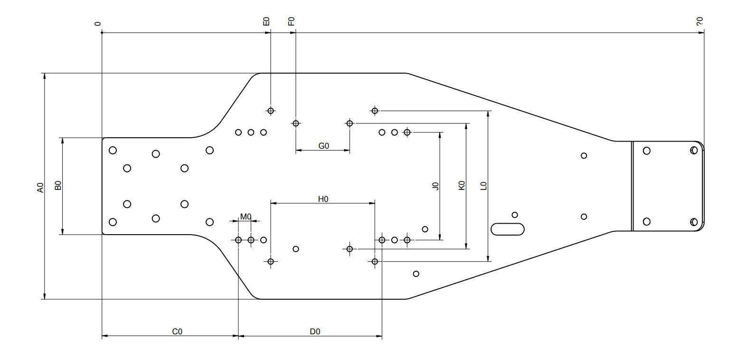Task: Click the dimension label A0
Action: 40,188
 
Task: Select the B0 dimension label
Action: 58,185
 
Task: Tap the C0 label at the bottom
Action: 177,332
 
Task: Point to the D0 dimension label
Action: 315,332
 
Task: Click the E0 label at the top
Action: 266,21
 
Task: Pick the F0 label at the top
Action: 291,21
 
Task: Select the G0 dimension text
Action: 323,146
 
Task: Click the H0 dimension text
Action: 323,199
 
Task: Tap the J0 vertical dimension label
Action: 435,186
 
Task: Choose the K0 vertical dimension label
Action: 462,185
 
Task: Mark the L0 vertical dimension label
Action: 483,186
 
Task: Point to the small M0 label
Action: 246,217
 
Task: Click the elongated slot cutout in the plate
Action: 507,229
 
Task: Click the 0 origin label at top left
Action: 97,24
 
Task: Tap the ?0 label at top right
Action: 700,21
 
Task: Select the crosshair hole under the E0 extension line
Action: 271,111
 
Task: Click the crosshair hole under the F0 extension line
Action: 295,123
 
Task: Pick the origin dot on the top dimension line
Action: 102,33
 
